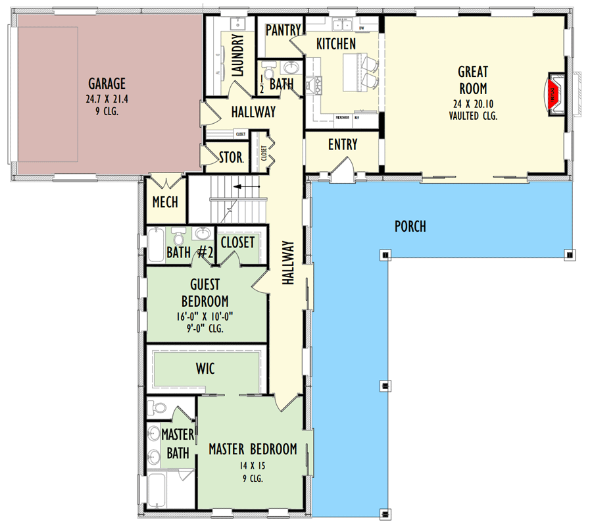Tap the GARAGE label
(x=107, y=84)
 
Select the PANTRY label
(x=284, y=30)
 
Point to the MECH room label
(x=164, y=202)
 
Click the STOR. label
(x=231, y=158)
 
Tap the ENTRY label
(x=342, y=144)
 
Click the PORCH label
(x=410, y=226)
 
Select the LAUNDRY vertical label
(x=238, y=55)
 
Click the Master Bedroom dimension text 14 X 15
(x=252, y=465)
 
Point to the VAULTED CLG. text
(x=473, y=115)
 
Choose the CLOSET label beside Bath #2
(x=237, y=242)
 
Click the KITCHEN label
(x=336, y=44)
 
